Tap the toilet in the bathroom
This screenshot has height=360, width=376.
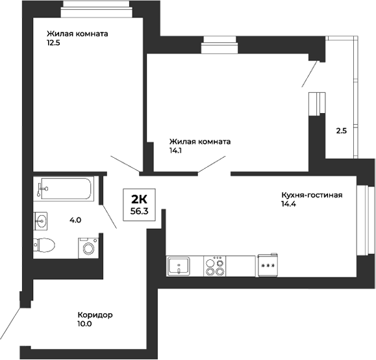coord(44,244)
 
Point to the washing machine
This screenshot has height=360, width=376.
coord(88,248)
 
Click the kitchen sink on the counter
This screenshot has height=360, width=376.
coord(178,266)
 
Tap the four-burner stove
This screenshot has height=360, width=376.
coord(214,266)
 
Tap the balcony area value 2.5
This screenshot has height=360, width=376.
coord(341,131)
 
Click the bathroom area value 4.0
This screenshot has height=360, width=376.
coord(75,220)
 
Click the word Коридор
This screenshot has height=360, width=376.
coord(94,315)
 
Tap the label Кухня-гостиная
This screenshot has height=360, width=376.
coord(312,195)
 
